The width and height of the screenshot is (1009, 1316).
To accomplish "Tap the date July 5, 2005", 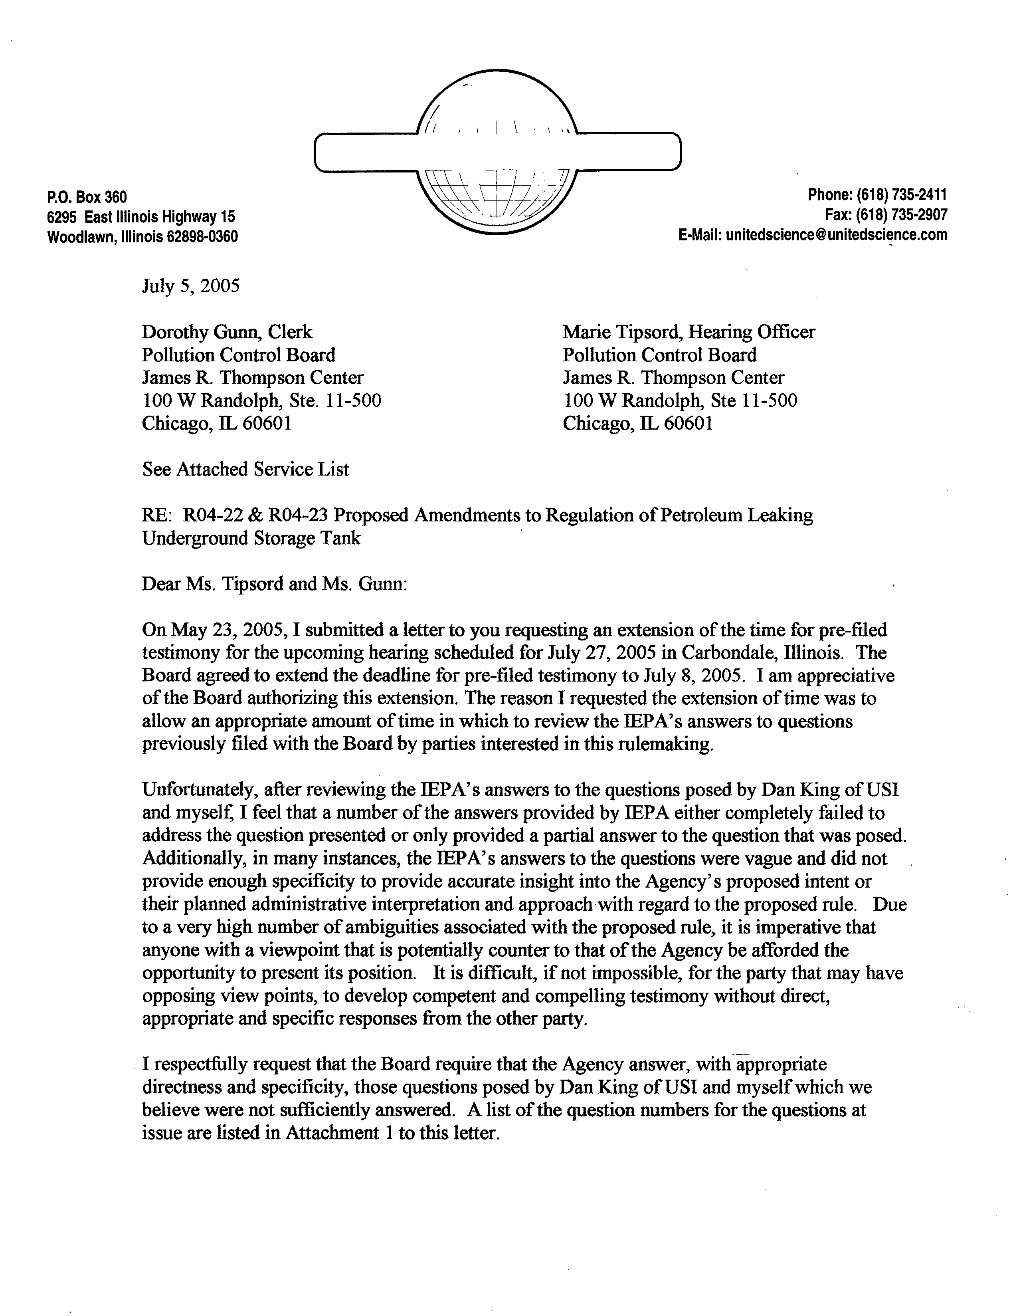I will pos(190,286).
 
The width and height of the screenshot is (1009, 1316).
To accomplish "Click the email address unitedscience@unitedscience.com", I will pos(836,235).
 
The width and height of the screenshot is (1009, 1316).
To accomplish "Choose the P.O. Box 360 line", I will pos(87,197).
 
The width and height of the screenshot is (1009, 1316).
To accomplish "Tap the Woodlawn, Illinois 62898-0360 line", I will pos(142,237).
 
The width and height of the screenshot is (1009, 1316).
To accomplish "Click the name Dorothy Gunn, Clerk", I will pos(227,332).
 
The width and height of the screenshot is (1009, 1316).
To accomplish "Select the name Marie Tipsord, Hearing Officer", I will pos(688,332).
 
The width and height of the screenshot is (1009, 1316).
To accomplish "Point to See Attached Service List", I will pos(245,469).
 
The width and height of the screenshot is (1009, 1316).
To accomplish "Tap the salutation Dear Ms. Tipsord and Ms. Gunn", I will pos(274,584).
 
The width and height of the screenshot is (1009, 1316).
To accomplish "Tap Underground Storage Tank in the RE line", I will pos(251,538).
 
